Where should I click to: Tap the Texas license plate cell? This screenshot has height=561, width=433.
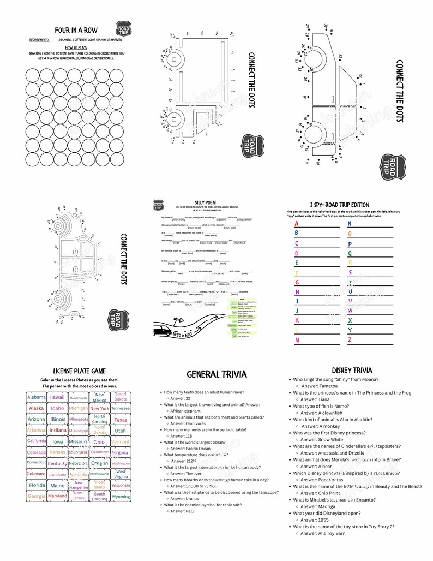121,420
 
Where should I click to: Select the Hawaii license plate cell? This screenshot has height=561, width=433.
57,397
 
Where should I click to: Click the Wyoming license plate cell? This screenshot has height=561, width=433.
121,497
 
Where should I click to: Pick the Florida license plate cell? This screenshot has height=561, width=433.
37,485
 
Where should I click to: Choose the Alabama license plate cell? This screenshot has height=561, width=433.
37,397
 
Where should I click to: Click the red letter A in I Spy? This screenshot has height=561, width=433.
297,224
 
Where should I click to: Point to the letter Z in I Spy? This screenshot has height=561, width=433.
350,340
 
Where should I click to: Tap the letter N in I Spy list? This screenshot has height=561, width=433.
350,224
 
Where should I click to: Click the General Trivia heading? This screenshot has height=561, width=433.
216,374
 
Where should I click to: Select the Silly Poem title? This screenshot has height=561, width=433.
205,202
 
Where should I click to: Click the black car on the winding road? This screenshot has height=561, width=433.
162,331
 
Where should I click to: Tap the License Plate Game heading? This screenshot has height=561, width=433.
79,371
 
